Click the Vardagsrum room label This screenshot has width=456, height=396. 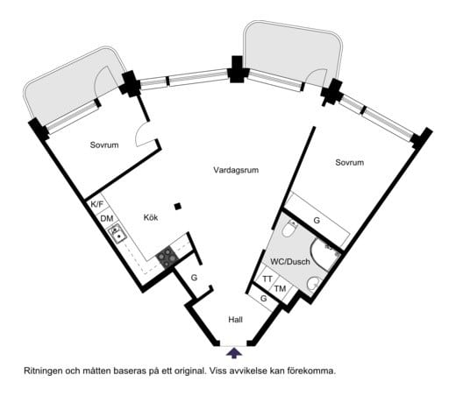coord(237,170)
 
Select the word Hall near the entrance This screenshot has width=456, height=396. coord(235,320)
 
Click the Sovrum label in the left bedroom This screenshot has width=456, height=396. coord(103,145)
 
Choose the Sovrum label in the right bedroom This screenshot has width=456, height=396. coord(349,163)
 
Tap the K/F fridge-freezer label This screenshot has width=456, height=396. coord(96,204)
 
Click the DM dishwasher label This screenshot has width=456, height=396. coord(105,218)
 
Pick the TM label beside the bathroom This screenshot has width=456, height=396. coord(280,289)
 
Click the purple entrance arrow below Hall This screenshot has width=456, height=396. coord(234,352)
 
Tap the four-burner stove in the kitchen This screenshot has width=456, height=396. coord(166,257)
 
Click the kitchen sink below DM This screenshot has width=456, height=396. coord(117,234)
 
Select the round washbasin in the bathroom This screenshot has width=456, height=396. coord(312,283)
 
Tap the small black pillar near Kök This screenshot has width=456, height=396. coord(178,207)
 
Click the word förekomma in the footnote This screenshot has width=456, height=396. coord(311,371)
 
